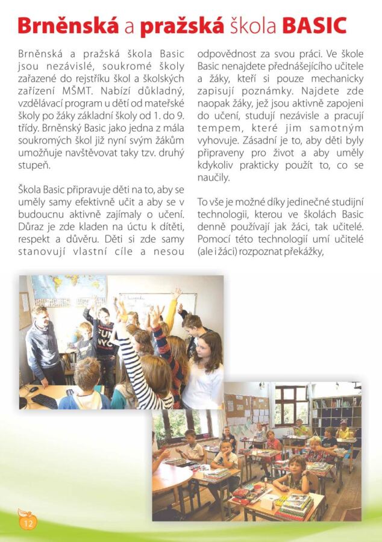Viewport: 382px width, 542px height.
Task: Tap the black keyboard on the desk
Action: [x=45, y=400]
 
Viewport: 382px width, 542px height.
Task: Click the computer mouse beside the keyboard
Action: [x=30, y=389]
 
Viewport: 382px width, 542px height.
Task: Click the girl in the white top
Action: [x=204, y=373]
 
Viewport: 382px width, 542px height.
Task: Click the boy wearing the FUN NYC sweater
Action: [x=107, y=337]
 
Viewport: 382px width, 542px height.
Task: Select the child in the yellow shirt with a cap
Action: [x=343, y=430]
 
